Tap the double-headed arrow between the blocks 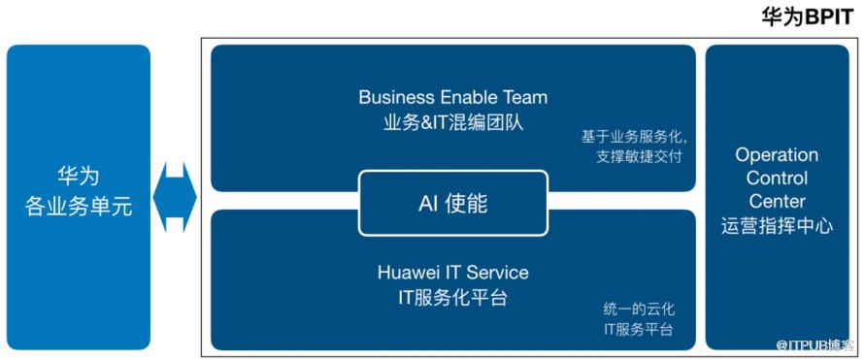(x=175, y=197)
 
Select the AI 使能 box (x=453, y=203)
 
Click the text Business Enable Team (x=453, y=97)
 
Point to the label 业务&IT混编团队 (x=453, y=123)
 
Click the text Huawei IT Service (x=453, y=273)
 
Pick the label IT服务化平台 (x=453, y=298)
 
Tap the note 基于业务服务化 (x=634, y=137)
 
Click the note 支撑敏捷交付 (x=639, y=157)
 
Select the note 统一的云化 (x=639, y=310)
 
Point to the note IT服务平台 (x=639, y=330)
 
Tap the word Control (x=777, y=179)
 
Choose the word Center (x=777, y=202)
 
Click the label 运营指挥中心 (x=777, y=226)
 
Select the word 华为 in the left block (x=79, y=178)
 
